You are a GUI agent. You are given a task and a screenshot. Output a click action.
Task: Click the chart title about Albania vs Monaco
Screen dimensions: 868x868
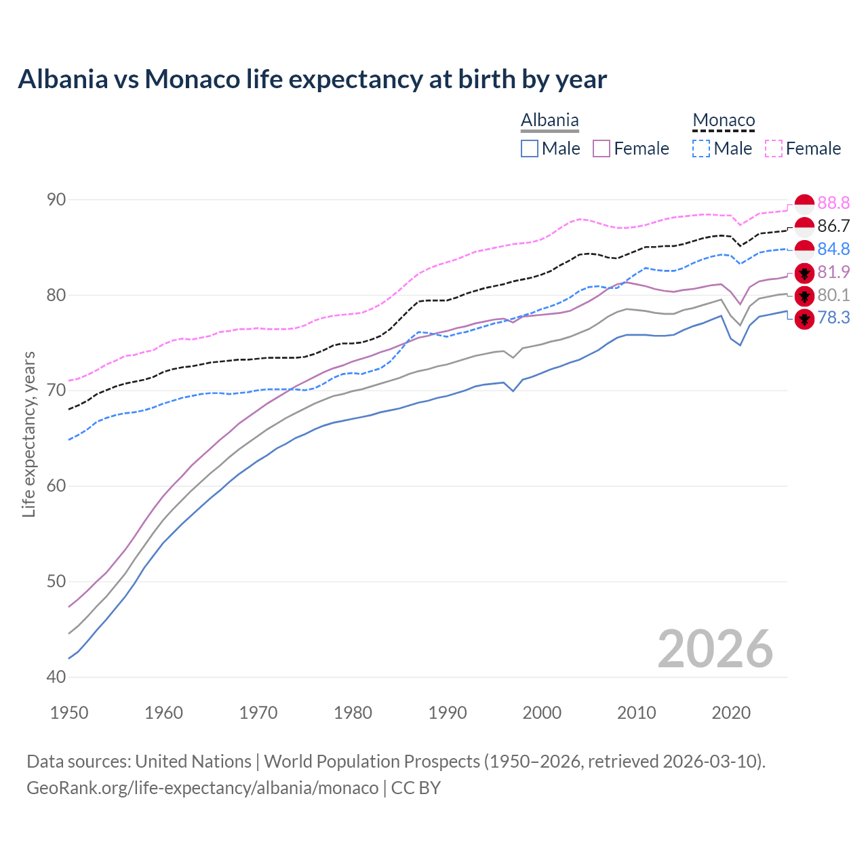point(312,79)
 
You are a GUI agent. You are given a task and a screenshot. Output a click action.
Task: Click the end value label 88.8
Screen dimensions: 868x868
point(833,203)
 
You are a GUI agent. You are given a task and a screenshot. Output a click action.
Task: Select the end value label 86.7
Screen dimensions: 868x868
point(833,226)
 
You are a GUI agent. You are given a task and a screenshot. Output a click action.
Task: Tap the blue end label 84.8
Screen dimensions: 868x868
point(833,249)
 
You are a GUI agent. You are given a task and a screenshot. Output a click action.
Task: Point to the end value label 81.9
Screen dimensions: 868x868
point(833,272)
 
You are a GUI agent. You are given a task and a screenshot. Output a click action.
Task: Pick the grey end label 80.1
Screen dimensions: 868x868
point(833,295)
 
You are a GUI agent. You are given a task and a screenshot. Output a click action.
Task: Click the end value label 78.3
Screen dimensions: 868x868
point(833,318)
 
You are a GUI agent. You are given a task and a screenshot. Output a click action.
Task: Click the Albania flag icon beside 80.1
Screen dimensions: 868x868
point(804,296)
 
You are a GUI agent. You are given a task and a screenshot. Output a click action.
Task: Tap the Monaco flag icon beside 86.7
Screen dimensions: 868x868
point(804,226)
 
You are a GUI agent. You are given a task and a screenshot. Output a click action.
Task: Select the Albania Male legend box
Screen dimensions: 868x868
point(530,149)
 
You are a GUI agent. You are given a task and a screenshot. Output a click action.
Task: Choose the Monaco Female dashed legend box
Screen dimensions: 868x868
point(774,149)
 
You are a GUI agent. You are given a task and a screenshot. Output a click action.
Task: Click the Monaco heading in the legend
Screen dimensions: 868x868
point(724,121)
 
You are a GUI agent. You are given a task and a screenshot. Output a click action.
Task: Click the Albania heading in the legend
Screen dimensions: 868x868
point(549,121)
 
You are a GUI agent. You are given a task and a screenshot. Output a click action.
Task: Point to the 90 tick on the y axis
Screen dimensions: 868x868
point(56,199)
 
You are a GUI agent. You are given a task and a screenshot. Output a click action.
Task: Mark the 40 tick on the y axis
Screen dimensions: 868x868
point(56,677)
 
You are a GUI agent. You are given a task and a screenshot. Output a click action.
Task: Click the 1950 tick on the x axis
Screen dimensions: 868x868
point(69,713)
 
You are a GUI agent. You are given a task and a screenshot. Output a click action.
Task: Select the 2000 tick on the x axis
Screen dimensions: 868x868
point(542,713)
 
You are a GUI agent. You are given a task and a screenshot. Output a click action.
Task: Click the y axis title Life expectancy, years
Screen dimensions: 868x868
point(29,434)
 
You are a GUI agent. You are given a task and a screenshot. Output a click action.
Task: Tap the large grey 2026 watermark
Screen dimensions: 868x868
point(715,649)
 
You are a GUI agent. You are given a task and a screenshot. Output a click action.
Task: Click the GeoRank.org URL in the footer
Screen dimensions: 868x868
point(202,788)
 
